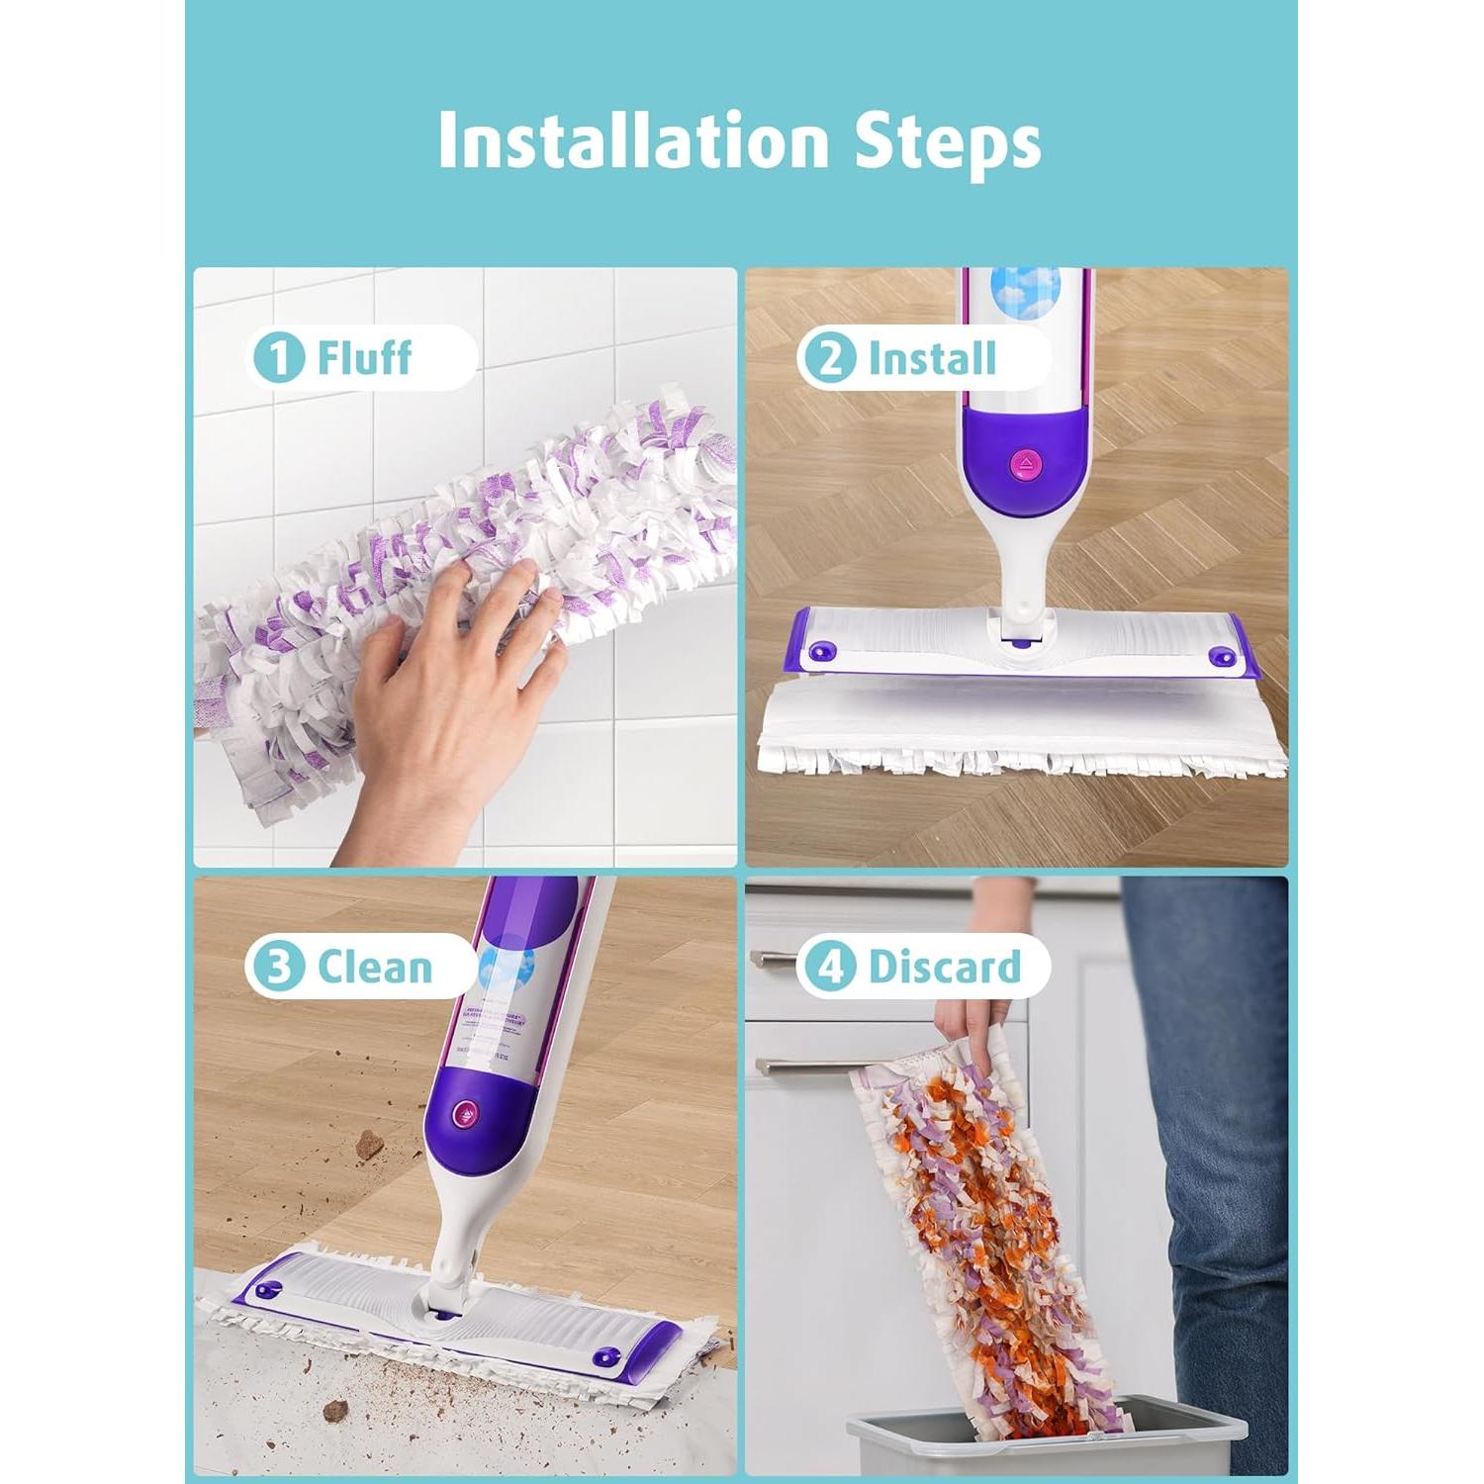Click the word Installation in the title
[x=633, y=140]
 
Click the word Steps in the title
[x=947, y=142]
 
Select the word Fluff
[x=364, y=357]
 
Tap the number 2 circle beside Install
[x=830, y=358]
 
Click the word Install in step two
[x=931, y=358]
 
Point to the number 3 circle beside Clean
[x=280, y=967]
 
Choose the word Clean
[x=375, y=967]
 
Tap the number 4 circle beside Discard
[x=829, y=967]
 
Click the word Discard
[x=944, y=967]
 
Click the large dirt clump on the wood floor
[x=370, y=1145]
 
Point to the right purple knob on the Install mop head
[x=1221, y=657]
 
